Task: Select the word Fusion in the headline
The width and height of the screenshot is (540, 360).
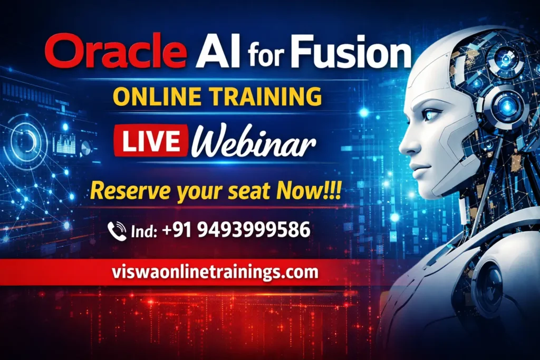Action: pyautogui.click(x=350, y=53)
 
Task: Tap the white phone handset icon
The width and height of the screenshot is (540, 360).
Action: pyautogui.click(x=117, y=231)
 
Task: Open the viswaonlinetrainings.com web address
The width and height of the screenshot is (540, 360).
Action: pyautogui.click(x=215, y=273)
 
